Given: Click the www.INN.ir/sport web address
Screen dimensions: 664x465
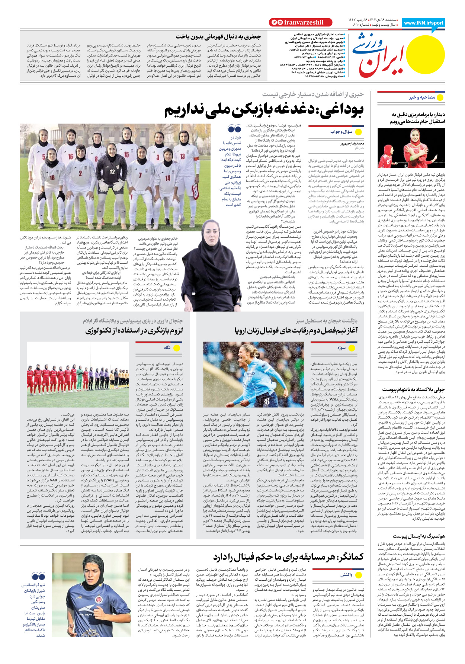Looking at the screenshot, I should [x=423, y=23].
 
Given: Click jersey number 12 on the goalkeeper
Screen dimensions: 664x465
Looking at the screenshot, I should [x=112, y=171].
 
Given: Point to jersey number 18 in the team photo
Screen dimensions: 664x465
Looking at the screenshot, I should [x=52, y=178].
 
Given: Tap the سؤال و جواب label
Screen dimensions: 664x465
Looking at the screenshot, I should [x=341, y=132].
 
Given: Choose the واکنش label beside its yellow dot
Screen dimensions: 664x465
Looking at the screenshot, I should [x=346, y=575].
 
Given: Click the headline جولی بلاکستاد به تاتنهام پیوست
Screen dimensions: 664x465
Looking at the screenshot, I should [x=413, y=390].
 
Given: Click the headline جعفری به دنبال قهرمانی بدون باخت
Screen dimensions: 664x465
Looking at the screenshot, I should [x=218, y=36].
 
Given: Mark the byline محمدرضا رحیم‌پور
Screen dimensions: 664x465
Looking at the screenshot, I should [x=352, y=143].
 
